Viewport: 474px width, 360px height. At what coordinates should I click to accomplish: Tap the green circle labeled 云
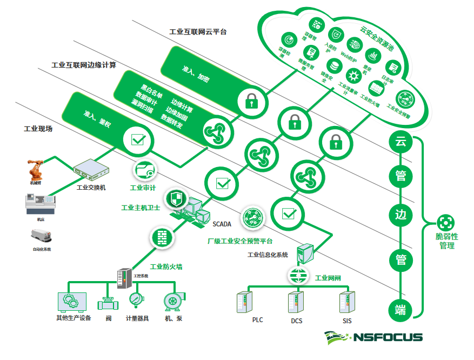[x=400, y=143]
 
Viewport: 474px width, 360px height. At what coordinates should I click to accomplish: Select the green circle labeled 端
[x=400, y=310]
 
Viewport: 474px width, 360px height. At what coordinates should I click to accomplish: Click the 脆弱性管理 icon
[x=446, y=223]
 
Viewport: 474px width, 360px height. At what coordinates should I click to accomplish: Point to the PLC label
[x=257, y=320]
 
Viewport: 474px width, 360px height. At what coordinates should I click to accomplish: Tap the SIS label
[x=346, y=320]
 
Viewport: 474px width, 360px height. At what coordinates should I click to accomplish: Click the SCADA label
[x=222, y=223]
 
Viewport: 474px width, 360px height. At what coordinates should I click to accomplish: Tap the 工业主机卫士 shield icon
[x=175, y=198]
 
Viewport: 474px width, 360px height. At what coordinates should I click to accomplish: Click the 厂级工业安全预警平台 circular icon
[x=252, y=218]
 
